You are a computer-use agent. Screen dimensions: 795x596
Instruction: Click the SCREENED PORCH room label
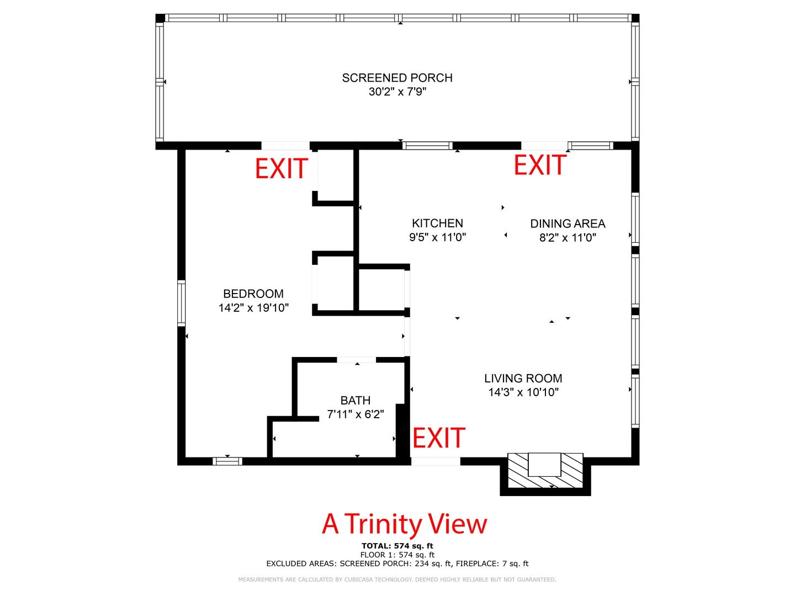coord(397,78)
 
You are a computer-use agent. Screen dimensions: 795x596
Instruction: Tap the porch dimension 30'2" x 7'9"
coord(397,92)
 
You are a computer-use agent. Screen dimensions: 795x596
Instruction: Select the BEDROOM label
coord(253,294)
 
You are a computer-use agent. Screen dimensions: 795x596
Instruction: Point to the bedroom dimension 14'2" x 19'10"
coord(253,307)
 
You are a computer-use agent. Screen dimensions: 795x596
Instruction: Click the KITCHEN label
coord(437,223)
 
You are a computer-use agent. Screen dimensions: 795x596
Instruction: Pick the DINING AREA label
coord(568,223)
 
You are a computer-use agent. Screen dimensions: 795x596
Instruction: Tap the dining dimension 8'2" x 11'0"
coord(568,237)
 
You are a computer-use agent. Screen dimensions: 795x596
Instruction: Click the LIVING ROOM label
coord(523,379)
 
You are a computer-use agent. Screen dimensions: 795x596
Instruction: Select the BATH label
coord(356,400)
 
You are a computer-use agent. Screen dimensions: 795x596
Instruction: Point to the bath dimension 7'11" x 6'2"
coord(356,414)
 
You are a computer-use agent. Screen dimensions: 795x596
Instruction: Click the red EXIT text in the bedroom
coord(282,169)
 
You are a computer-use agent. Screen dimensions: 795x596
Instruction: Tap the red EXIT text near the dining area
coord(540,164)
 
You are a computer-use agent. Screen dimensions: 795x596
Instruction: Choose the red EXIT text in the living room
coord(438,438)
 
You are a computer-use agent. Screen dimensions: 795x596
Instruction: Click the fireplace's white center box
coord(544,464)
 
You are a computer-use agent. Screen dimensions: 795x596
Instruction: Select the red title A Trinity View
coord(404,524)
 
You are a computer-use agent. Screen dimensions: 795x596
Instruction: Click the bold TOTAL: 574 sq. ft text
coord(397,546)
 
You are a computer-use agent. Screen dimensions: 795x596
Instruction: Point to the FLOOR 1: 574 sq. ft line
coord(397,555)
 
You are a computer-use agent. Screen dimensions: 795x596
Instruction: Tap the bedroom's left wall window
coord(181,304)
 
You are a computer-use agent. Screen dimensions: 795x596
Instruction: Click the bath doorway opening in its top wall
coord(357,360)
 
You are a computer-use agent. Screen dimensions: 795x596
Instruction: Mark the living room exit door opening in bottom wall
coord(436,461)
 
